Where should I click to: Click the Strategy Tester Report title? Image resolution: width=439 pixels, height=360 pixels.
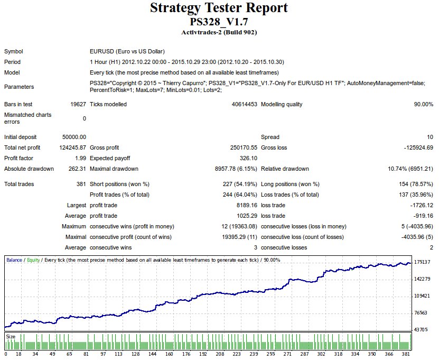219,8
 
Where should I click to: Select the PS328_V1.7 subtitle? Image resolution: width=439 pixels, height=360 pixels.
219,22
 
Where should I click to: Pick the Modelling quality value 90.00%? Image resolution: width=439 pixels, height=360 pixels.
423,104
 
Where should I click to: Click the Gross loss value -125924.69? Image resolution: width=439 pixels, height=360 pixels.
415,147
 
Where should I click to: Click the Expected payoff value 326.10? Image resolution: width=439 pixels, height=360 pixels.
248,158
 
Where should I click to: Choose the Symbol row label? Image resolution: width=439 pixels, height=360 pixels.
14,51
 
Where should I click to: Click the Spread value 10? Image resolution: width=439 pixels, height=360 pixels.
430,137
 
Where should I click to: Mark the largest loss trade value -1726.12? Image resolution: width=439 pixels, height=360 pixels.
418,205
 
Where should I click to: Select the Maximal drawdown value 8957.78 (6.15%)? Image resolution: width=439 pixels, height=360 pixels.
233,169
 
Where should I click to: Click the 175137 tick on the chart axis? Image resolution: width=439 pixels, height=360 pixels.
423,262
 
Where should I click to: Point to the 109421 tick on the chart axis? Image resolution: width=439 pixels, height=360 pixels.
423,296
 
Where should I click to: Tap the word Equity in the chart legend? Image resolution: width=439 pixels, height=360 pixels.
33,260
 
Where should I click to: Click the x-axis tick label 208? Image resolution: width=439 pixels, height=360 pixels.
220,354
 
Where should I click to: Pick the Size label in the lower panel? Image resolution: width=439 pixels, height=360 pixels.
10,336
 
